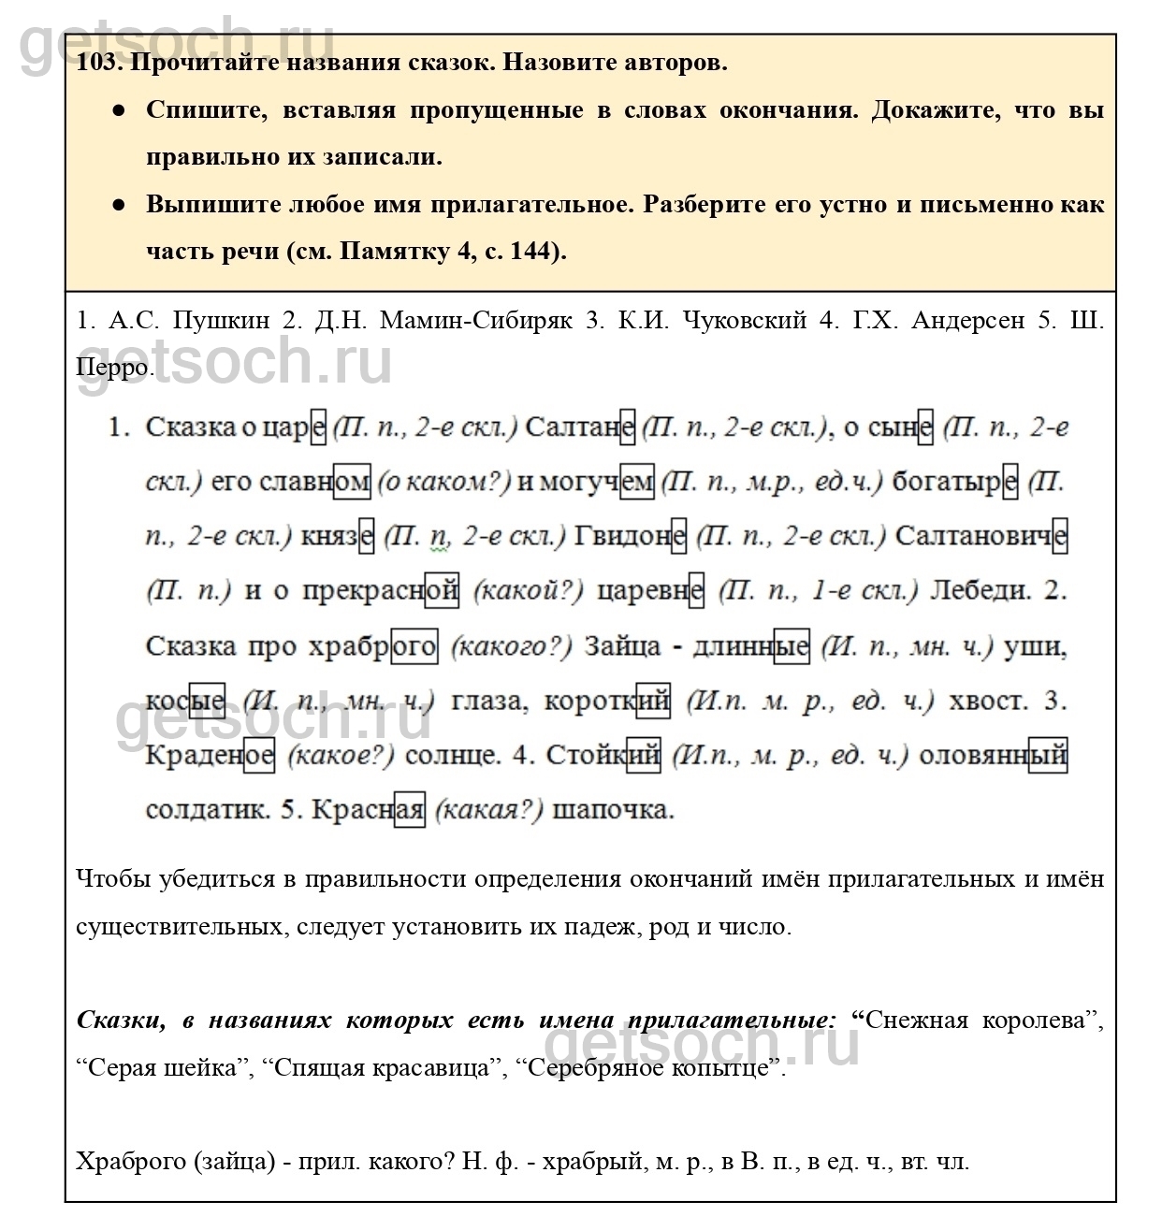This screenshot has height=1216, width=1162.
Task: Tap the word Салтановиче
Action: pyautogui.click(x=980, y=537)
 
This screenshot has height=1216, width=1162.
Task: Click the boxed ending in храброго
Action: pyautogui.click(x=414, y=646)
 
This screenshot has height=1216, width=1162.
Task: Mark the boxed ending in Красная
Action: pyautogui.click(x=409, y=809)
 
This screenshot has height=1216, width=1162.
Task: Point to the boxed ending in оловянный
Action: pyautogui.click(x=1047, y=755)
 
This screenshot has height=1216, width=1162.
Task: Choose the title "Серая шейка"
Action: pyautogui.click(x=163, y=1067)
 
